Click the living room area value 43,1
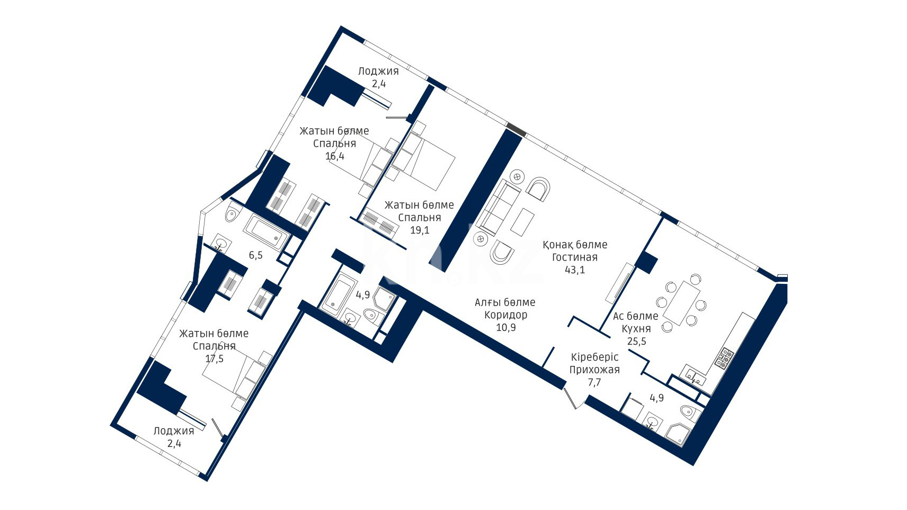(x=575, y=270)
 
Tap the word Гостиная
(x=575, y=257)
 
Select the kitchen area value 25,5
(x=636, y=341)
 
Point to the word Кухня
(x=636, y=328)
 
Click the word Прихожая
(x=594, y=370)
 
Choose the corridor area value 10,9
(x=506, y=327)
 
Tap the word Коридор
(x=506, y=315)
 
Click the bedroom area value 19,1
(x=420, y=230)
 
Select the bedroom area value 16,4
(x=334, y=156)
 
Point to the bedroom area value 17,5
(x=214, y=359)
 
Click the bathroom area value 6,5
(x=255, y=255)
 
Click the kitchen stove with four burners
(x=724, y=358)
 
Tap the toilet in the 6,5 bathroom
(x=233, y=213)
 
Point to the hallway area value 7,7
(x=594, y=382)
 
